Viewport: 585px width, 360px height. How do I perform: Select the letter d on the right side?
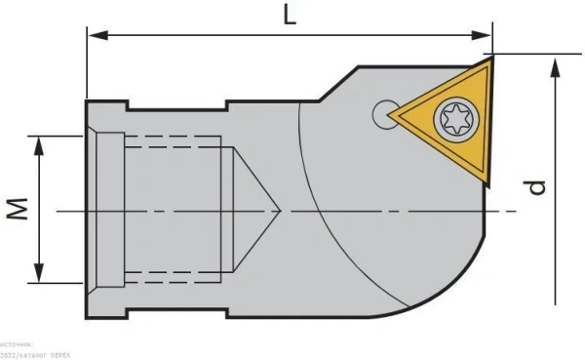[x=534, y=184]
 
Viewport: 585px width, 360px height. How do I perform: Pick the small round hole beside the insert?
[x=381, y=115]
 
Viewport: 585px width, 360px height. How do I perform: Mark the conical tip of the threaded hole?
[x=279, y=209]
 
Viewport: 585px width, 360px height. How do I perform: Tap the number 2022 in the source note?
[x=9, y=355]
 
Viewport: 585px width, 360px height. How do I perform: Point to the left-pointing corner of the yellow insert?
[x=392, y=115]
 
